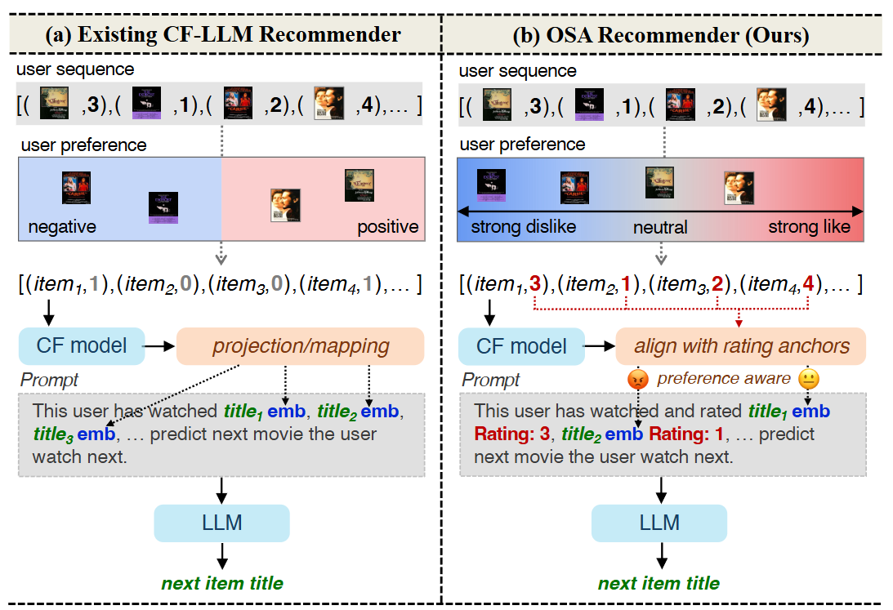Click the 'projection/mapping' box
click(300, 346)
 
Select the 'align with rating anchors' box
click(741, 346)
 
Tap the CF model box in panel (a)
click(82, 346)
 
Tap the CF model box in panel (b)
click(521, 346)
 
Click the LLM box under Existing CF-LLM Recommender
click(221, 523)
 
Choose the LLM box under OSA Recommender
click(659, 523)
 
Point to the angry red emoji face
click(638, 379)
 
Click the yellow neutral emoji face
click(809, 379)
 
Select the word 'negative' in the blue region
click(62, 227)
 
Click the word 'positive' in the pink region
click(388, 227)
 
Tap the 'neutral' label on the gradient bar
click(660, 228)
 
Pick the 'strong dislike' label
click(524, 227)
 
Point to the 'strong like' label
click(810, 227)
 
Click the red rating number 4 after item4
click(808, 283)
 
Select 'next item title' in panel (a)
click(222, 583)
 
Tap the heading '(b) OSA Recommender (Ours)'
click(661, 35)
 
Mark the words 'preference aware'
click(724, 378)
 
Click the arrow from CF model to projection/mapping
click(159, 346)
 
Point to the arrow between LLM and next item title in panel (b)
click(661, 555)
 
